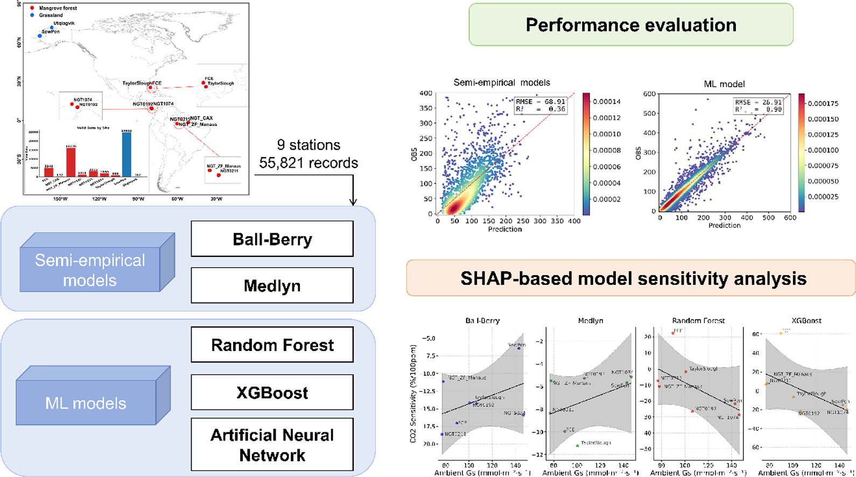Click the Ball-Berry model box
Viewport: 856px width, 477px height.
click(x=272, y=239)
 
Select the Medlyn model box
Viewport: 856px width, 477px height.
click(x=272, y=285)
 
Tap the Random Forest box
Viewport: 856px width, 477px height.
click(x=272, y=345)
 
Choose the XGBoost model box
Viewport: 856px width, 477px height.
click(x=272, y=392)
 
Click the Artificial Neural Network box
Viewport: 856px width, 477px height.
click(x=272, y=445)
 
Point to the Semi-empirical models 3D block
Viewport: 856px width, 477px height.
click(x=90, y=269)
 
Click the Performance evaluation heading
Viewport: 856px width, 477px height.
click(x=630, y=25)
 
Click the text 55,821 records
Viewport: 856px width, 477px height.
click(x=308, y=163)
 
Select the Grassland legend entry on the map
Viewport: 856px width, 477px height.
click(x=51, y=15)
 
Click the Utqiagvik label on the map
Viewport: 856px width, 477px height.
click(x=64, y=24)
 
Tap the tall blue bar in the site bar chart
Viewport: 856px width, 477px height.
click(x=127, y=153)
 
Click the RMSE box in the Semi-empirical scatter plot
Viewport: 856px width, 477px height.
click(x=541, y=105)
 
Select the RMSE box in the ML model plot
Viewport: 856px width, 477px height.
click(x=758, y=106)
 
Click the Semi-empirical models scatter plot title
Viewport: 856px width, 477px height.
click(x=502, y=82)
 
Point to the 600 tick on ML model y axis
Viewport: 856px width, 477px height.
click(x=649, y=94)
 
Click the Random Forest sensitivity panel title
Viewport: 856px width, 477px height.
click(x=698, y=320)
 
